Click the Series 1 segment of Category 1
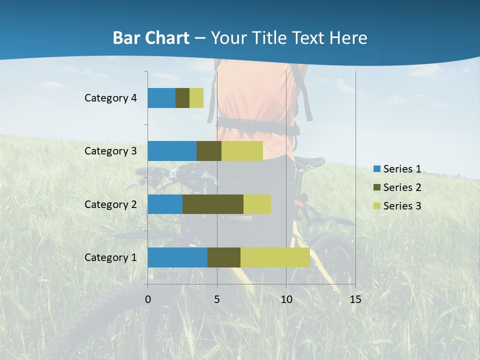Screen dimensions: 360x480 [177, 257]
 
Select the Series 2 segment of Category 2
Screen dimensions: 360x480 [213, 204]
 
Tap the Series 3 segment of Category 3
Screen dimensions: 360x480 [242, 151]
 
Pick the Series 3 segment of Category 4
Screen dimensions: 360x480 [196, 98]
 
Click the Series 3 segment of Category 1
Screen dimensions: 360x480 [275, 257]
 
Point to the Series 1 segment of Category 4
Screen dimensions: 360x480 [161, 98]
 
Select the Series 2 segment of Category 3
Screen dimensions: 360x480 [209, 151]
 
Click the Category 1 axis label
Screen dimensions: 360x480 [110, 257]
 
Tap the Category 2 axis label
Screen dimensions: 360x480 [110, 204]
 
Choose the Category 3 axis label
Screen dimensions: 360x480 [110, 151]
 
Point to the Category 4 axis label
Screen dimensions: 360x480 [110, 98]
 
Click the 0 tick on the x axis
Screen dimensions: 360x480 [147, 299]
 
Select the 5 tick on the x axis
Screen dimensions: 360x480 [217, 299]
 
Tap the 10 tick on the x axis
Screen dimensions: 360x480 [286, 299]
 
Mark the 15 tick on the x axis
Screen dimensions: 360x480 [355, 299]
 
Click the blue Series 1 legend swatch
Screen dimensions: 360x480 [376, 169]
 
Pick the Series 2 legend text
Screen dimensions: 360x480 [402, 187]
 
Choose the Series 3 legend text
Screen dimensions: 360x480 [402, 206]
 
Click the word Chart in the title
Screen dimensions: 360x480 [169, 38]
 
